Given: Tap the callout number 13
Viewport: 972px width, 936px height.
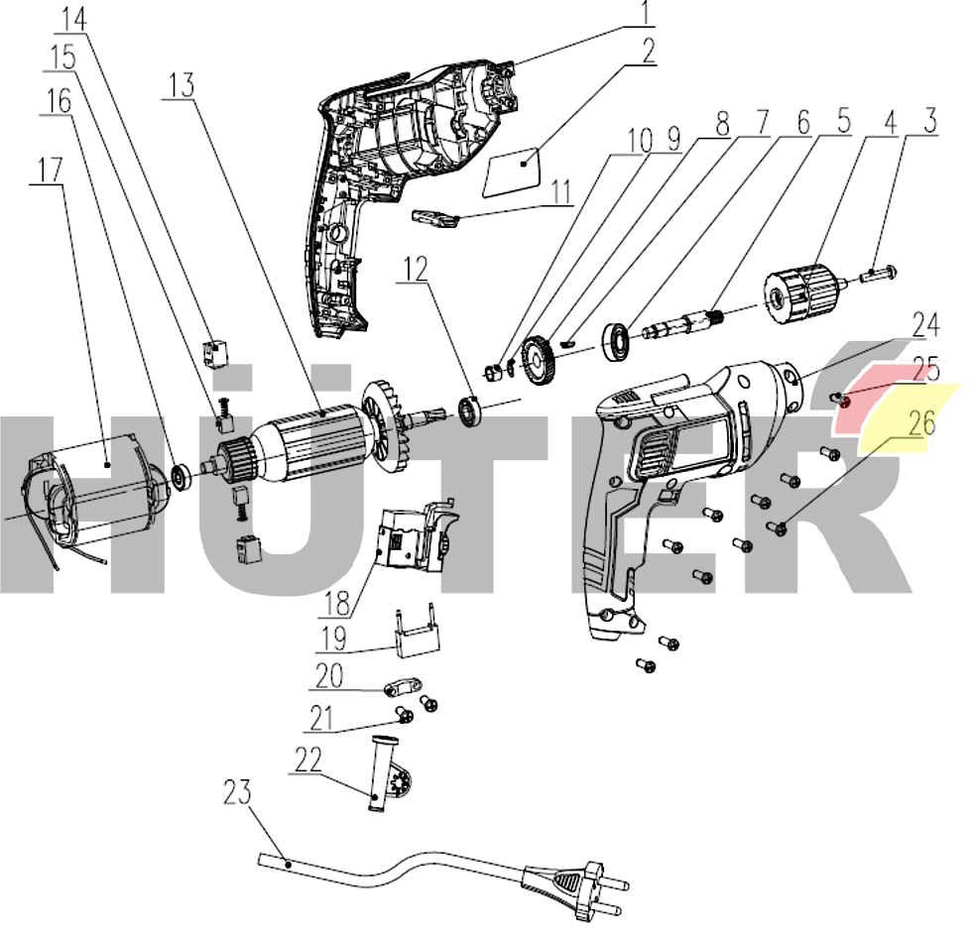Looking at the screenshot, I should click(x=181, y=86).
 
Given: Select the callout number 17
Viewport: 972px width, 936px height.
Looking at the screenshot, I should click(x=48, y=170).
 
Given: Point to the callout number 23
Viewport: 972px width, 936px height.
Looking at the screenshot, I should click(x=236, y=792).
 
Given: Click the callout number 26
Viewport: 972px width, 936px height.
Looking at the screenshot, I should click(x=921, y=421).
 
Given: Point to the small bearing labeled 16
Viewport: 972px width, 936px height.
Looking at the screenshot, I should click(x=182, y=475).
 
